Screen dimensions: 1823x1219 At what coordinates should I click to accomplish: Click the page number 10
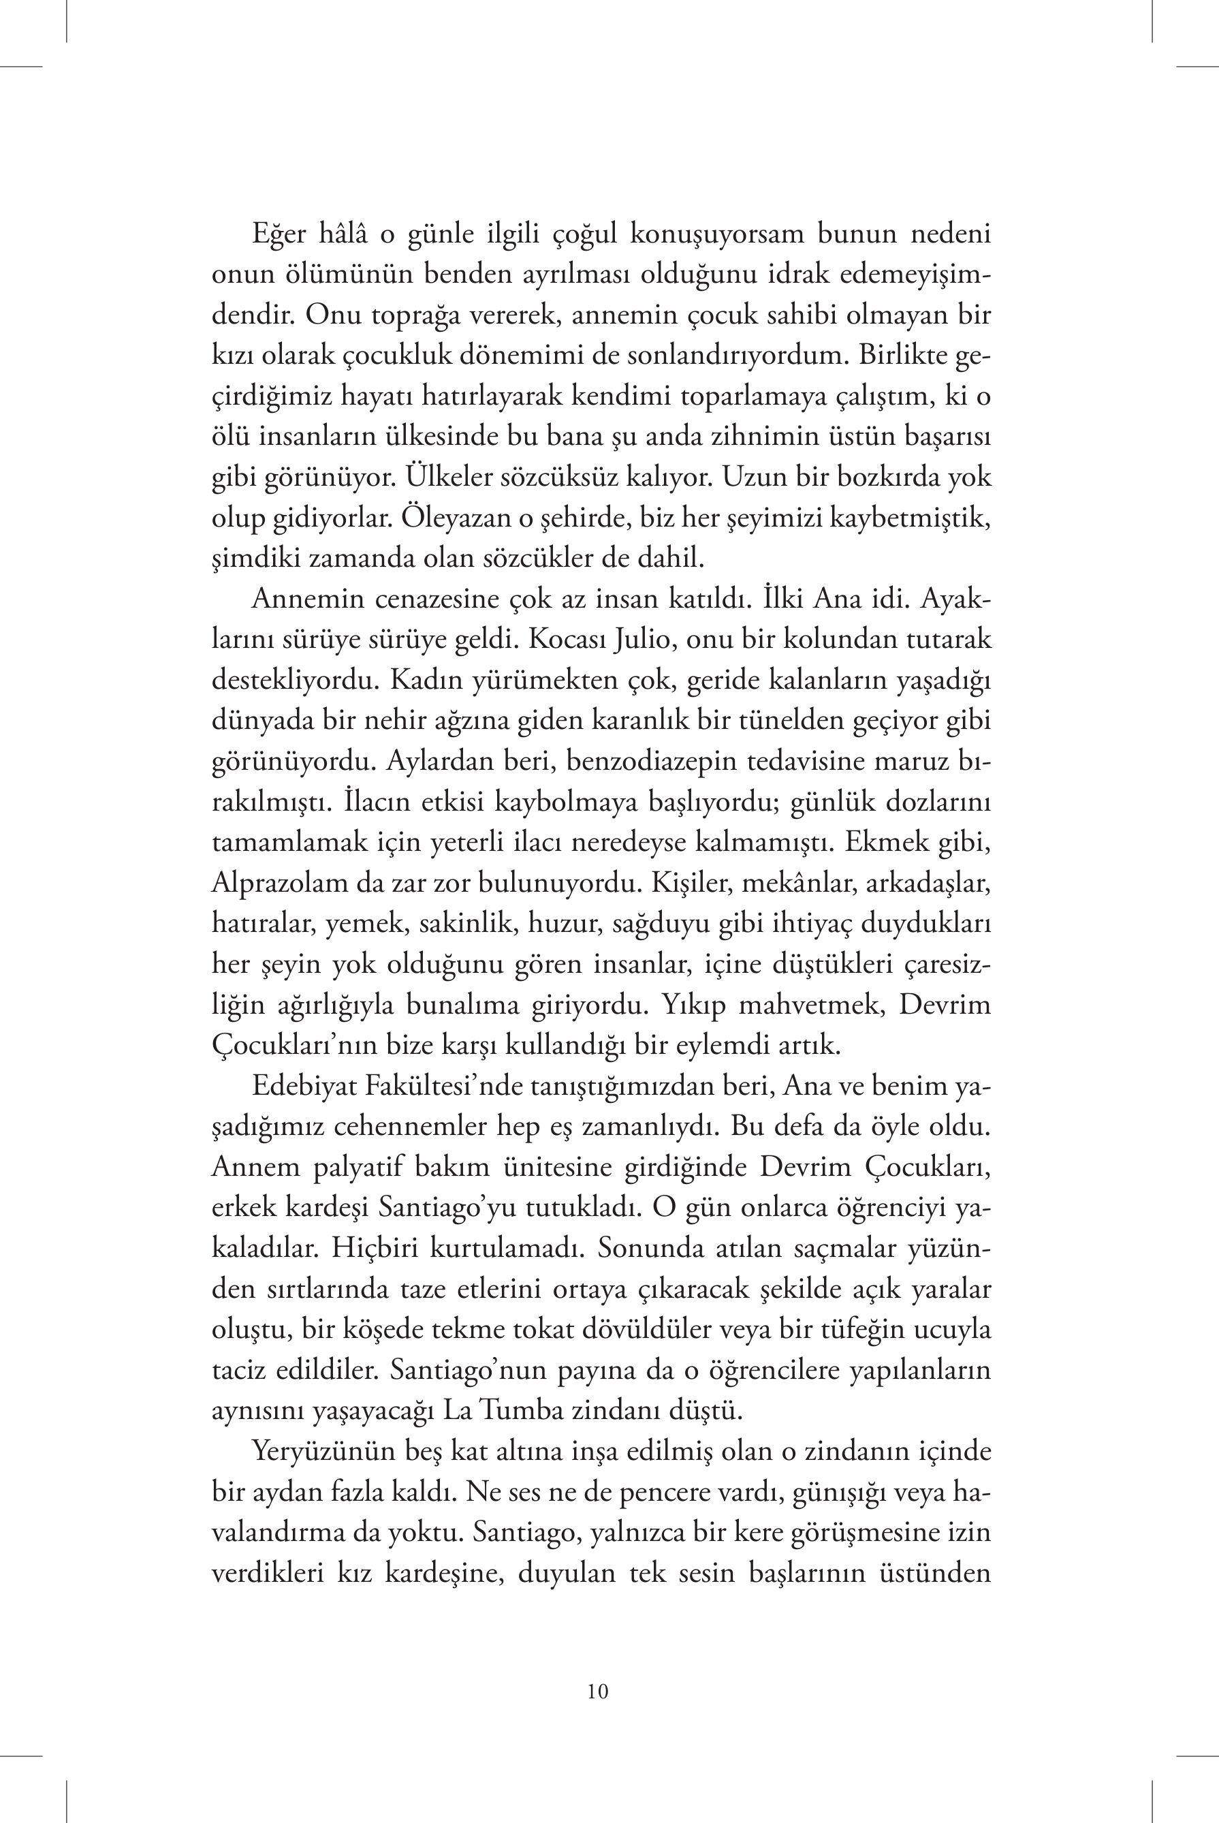pos(598,1692)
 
